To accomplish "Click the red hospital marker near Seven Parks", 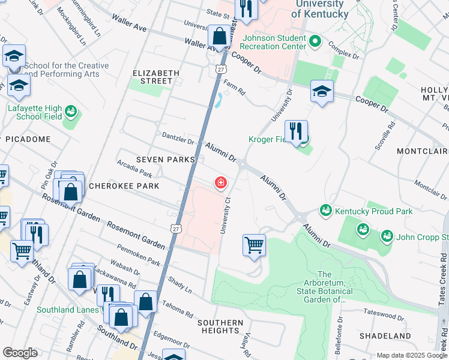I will point(221,182).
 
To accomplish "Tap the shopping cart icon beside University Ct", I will point(254,245).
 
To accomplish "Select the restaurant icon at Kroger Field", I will point(295,131).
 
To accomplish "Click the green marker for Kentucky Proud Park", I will point(325,211).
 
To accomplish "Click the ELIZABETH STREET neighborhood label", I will point(155,77).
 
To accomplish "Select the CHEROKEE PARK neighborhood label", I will point(124,186).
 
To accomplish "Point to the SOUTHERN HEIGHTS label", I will point(220,326).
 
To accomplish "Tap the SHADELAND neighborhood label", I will point(385,336).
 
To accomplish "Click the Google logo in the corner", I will point(20,353).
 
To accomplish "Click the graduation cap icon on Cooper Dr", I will point(322,92).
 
